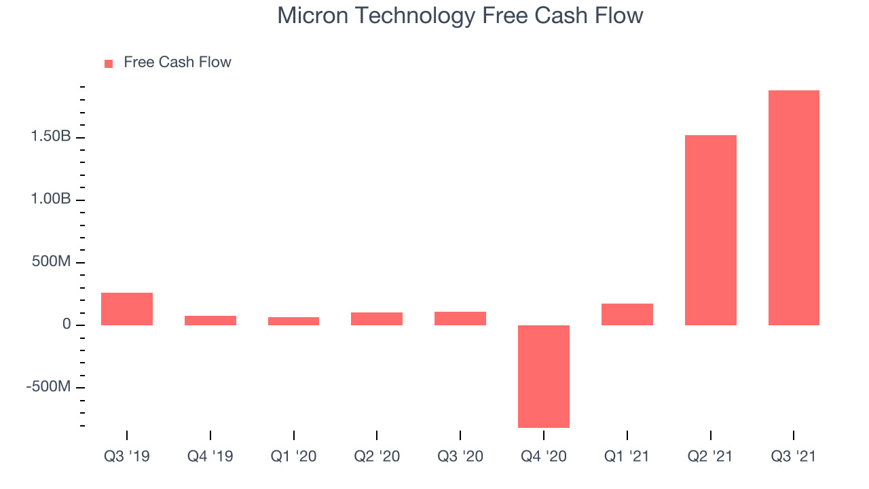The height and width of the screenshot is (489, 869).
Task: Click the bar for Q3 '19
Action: [127, 309]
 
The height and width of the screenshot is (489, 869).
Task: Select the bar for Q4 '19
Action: [210, 321]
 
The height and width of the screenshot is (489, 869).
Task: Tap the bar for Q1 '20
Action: [294, 321]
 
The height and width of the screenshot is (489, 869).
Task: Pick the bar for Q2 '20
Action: [377, 319]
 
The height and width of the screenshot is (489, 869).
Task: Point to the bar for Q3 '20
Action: [460, 319]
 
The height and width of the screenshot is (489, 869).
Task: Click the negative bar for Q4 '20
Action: [544, 376]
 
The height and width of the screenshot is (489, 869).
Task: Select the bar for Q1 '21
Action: [627, 314]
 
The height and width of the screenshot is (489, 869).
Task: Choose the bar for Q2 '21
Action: [711, 230]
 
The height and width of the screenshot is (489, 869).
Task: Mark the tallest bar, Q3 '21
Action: [794, 208]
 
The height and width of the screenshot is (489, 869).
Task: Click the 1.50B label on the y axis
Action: [51, 137]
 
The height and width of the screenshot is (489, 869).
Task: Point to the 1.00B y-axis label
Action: [51, 199]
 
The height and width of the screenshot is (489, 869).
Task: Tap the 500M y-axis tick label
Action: [51, 261]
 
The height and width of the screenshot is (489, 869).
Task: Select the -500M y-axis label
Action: [48, 386]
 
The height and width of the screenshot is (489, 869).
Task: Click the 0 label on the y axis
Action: [67, 324]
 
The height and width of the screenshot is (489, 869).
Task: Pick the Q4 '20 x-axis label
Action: [544, 456]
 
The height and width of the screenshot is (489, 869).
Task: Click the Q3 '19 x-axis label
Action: [127, 456]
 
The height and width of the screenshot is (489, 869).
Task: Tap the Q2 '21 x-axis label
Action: [710, 456]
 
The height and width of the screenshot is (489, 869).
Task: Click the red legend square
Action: [109, 64]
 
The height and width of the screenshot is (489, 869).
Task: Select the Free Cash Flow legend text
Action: [177, 62]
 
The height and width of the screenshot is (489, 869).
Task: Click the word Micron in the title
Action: [313, 16]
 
